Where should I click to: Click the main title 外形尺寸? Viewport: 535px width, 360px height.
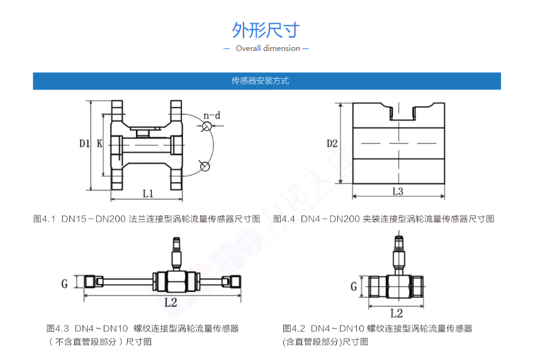pyautogui.click(x=266, y=30)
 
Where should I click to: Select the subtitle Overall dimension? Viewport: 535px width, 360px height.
pyautogui.click(x=268, y=48)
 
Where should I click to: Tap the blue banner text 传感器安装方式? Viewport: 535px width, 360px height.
pyautogui.click(x=261, y=81)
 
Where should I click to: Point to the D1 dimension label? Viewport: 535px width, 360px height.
pyautogui.click(x=84, y=143)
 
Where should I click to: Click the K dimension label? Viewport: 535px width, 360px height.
pyautogui.click(x=99, y=143)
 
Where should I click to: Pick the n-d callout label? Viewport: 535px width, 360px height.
pyautogui.click(x=211, y=115)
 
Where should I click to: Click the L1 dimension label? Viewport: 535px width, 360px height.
pyautogui.click(x=148, y=194)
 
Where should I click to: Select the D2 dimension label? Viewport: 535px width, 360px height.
pyautogui.click(x=332, y=143)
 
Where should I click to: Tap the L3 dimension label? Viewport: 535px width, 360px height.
pyautogui.click(x=398, y=191)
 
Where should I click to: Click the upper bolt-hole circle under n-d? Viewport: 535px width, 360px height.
pyautogui.click(x=206, y=127)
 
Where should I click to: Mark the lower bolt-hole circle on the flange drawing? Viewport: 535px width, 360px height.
pyautogui.click(x=205, y=167)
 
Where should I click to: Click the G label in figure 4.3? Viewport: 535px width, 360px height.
pyautogui.click(x=64, y=284)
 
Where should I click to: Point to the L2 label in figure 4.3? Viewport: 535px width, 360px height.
pyautogui.click(x=171, y=302)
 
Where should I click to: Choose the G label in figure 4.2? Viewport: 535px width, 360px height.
pyautogui.click(x=354, y=286)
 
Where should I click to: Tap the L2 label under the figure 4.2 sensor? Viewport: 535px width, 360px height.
pyautogui.click(x=397, y=313)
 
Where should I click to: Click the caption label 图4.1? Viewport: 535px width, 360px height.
pyautogui.click(x=44, y=219)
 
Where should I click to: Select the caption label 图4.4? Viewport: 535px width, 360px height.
pyautogui.click(x=284, y=219)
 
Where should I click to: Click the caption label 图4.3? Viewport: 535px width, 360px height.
pyautogui.click(x=58, y=329)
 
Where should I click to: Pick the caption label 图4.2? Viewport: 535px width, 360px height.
pyautogui.click(x=294, y=329)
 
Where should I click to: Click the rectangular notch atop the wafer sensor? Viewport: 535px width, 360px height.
pyautogui.click(x=402, y=112)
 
